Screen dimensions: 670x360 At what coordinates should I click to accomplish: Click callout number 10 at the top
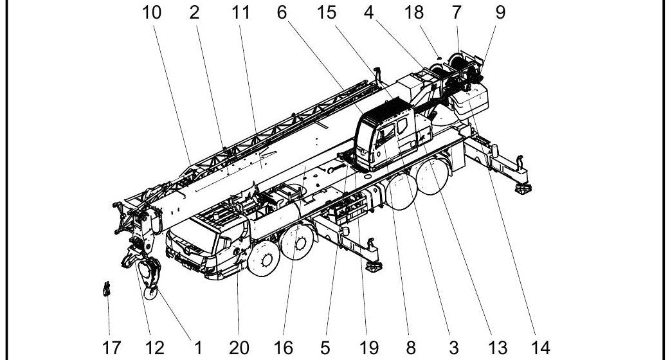[x=152, y=12]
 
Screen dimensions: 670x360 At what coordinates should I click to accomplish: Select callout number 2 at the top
[x=194, y=12]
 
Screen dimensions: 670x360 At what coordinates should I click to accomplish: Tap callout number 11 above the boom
[x=240, y=12]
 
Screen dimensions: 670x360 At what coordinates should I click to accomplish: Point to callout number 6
[x=282, y=12]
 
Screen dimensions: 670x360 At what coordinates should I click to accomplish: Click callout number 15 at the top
[x=327, y=12]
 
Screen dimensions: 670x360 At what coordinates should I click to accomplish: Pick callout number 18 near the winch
[x=414, y=12]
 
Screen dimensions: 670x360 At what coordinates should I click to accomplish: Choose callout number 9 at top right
[x=500, y=12]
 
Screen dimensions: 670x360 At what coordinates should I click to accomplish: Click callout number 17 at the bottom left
[x=111, y=348]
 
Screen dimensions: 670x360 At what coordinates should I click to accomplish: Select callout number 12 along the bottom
[x=155, y=348]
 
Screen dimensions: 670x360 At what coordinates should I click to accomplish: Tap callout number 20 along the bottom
[x=239, y=348]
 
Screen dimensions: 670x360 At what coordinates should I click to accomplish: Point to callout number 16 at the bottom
[x=284, y=348]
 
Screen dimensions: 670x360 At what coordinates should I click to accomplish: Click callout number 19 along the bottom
[x=368, y=348]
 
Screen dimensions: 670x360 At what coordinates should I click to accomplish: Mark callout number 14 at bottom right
[x=541, y=348]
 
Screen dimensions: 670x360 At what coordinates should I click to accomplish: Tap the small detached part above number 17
[x=106, y=289]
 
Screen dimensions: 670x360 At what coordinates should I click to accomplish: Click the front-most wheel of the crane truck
[x=264, y=259]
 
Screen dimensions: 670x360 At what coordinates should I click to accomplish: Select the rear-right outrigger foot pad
[x=523, y=188]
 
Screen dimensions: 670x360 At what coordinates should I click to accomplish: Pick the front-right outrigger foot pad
[x=374, y=267]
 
